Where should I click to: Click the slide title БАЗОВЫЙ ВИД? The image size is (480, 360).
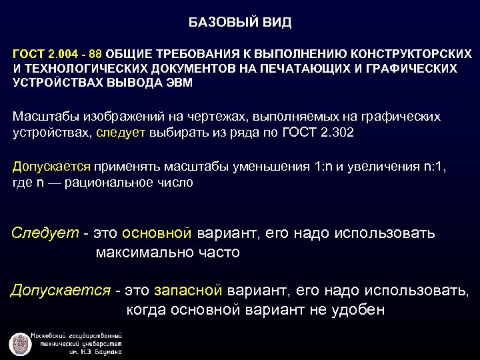(x=239, y=23)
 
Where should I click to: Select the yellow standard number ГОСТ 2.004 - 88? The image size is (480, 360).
(x=57, y=53)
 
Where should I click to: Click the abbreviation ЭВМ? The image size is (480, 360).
(x=180, y=83)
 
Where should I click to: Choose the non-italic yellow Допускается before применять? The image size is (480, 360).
(x=52, y=167)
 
